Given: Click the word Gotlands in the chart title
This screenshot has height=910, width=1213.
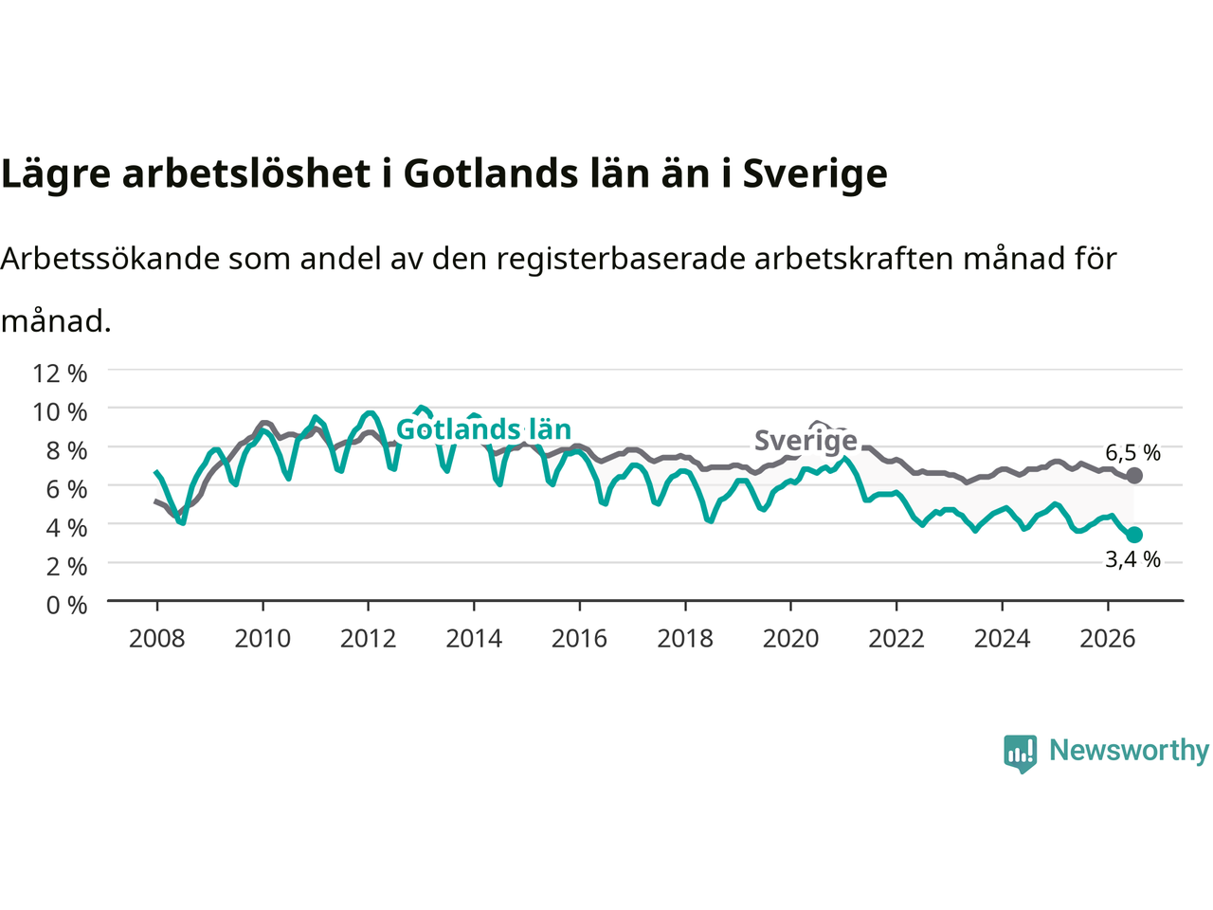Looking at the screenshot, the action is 491,173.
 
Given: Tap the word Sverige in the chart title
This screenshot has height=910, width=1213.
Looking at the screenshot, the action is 815,175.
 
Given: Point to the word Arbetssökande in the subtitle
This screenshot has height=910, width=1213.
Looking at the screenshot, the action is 110,258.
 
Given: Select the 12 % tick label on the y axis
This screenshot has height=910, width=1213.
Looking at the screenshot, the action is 60,373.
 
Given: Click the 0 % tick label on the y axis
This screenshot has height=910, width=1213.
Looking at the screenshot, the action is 66,605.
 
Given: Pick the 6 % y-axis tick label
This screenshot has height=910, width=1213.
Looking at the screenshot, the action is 66,489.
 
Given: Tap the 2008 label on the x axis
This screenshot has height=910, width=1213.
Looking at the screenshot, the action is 157,639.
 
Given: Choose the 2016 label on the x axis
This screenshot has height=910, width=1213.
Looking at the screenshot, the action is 579,639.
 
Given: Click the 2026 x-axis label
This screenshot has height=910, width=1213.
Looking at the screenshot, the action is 1108,639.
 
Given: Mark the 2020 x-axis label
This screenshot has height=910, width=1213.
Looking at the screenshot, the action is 790,639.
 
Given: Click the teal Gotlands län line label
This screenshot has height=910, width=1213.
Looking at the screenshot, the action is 483,429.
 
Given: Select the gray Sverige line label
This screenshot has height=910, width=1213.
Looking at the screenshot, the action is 806,441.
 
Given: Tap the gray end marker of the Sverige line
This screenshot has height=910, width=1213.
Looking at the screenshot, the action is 1134,475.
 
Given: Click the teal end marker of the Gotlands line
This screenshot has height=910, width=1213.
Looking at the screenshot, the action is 1134,535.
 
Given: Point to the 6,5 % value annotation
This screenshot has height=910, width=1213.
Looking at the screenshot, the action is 1132,453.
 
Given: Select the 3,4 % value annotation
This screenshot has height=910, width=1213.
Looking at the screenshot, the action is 1132,559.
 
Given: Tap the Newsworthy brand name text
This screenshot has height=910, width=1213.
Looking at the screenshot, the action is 1129,751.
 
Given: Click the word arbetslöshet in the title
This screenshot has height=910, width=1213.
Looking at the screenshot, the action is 246,173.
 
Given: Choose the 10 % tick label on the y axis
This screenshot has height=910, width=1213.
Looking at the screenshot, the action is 60,412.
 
